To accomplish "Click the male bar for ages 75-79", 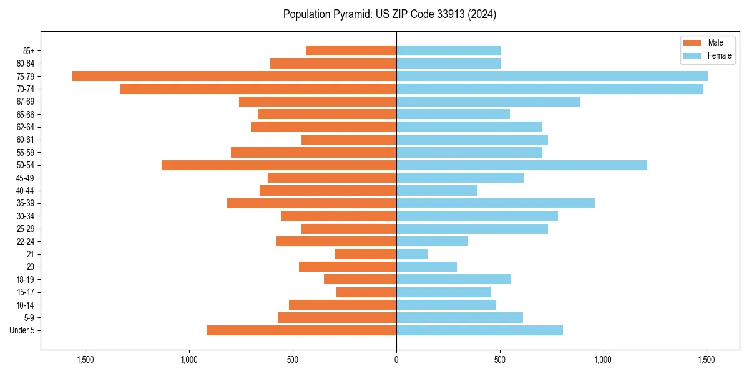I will [234, 76].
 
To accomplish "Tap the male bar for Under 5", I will [301, 330].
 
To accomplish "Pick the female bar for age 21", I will [412, 254].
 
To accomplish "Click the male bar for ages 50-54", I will [279, 165].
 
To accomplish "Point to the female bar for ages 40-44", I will [437, 190].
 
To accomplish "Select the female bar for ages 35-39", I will [495, 203].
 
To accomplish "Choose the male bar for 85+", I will [351, 50].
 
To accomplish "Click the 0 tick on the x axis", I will [396, 360].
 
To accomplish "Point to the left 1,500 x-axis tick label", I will [85, 360].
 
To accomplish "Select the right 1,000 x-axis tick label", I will [603, 360].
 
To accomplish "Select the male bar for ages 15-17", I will [366, 292].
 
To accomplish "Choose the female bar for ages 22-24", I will [432, 241].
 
